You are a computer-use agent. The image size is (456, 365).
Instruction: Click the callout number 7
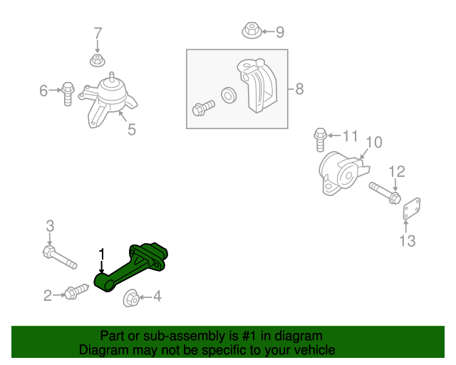98,33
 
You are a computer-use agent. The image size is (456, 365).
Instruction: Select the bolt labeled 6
68,93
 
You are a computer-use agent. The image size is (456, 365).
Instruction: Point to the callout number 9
279,31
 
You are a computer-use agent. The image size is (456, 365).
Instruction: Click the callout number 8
299,89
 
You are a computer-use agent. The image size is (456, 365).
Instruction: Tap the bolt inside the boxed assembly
203,108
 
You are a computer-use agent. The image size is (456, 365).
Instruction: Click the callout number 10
374,143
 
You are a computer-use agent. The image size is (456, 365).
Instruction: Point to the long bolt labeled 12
385,192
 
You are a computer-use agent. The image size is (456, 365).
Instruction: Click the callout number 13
406,241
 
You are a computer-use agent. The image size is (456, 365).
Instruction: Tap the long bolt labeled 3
60,257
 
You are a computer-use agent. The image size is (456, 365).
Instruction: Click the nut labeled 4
131,299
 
